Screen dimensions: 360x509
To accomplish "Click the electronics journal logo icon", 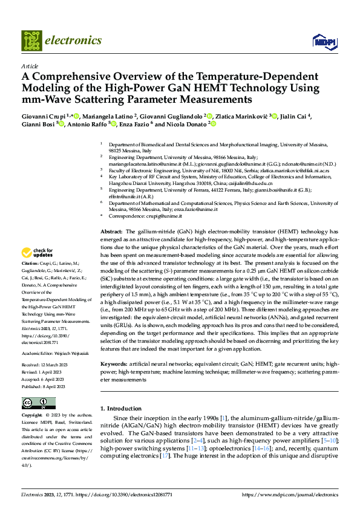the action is click(x=32, y=41).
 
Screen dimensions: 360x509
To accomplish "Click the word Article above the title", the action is click(x=30, y=66).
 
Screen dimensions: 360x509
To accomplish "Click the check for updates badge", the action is click(x=38, y=253).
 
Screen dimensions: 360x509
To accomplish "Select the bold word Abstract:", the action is click(x=111, y=232).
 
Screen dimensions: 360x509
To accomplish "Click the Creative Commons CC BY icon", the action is click(x=38, y=403).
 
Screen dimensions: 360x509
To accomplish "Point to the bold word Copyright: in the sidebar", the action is click(x=31, y=416).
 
